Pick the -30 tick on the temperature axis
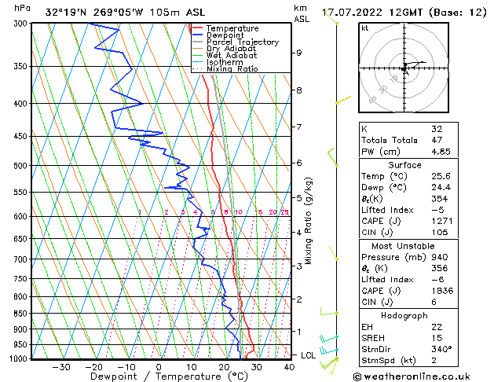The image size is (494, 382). tap(61, 367)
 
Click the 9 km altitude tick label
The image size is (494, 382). tap(299, 53)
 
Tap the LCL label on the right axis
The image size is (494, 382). tap(309, 355)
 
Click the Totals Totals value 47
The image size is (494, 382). tap(437, 140)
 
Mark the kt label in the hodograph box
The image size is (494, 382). tap(364, 28)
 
